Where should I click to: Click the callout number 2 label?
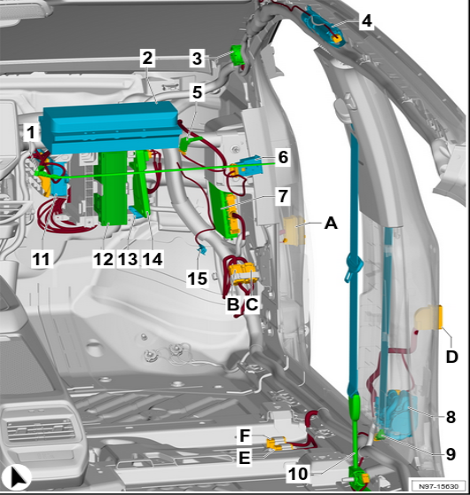[147, 58]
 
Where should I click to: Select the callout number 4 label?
[366, 20]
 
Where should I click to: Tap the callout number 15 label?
[198, 279]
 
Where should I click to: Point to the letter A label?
[331, 224]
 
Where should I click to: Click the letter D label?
[451, 357]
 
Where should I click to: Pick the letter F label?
[245, 436]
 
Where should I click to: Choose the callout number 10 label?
[298, 474]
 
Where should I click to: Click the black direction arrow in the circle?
[17, 477]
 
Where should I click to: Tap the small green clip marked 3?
[237, 55]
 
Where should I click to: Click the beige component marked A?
[294, 231]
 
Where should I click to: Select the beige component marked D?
[429, 318]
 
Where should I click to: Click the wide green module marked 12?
[110, 188]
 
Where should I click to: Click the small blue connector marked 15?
[202, 250]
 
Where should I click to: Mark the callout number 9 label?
[450, 454]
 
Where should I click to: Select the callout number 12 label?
[104, 259]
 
